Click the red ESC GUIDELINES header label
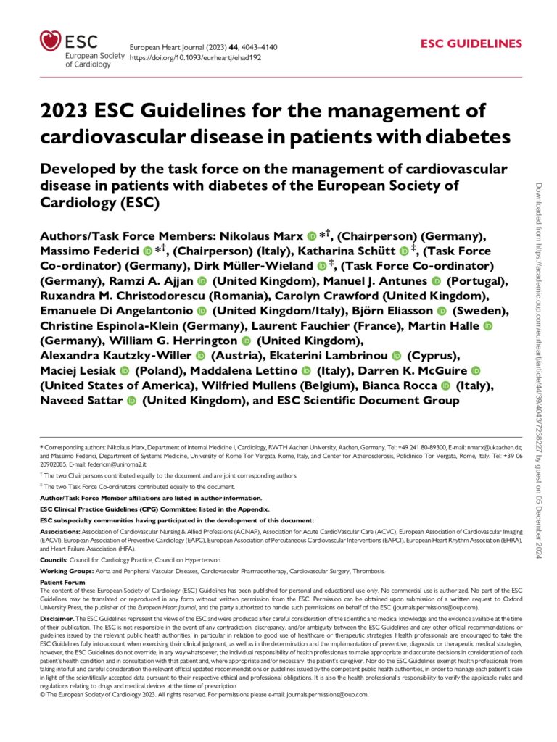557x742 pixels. click(471, 43)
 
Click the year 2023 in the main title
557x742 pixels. click(67, 112)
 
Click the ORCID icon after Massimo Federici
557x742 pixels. click(148, 251)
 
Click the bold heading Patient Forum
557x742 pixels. click(62, 582)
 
